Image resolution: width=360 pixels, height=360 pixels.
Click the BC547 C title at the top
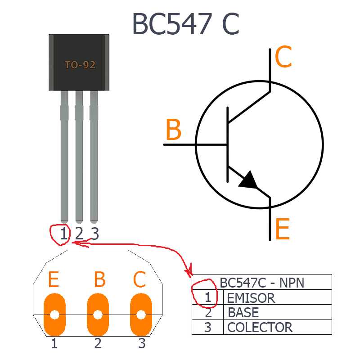(x=185, y=24)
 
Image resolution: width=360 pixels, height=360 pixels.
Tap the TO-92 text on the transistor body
(x=80, y=65)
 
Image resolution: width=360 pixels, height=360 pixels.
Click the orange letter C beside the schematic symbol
(x=283, y=58)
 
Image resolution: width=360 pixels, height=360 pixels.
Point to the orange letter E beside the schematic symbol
(x=282, y=229)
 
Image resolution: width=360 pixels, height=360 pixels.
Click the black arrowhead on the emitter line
(x=249, y=180)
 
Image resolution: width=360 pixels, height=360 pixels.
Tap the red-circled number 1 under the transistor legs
(x=64, y=234)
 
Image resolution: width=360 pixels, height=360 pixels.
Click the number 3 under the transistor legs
(x=94, y=234)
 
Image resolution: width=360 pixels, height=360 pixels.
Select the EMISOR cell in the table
(x=251, y=297)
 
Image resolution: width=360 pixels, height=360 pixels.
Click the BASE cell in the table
(x=243, y=312)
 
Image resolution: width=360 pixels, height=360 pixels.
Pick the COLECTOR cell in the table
(x=260, y=327)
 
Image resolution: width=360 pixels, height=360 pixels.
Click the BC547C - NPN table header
(x=262, y=283)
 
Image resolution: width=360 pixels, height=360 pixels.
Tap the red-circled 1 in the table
(x=208, y=297)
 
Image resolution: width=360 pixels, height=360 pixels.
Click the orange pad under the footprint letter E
(x=55, y=315)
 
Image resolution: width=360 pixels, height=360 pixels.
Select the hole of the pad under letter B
(x=98, y=315)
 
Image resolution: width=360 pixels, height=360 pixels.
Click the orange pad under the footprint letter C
(x=141, y=315)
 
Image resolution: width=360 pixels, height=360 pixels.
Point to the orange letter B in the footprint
(x=100, y=280)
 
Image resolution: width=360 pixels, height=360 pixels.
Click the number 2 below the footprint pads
(x=98, y=344)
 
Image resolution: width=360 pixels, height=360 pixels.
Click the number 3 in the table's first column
(x=208, y=327)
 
